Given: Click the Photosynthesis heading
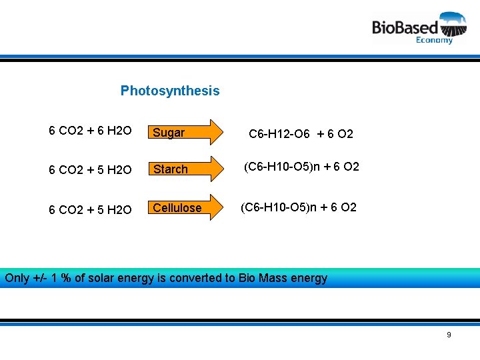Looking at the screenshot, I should (x=169, y=91).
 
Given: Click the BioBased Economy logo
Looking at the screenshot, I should (x=419, y=27).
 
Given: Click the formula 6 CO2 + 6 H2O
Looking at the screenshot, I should (x=90, y=131).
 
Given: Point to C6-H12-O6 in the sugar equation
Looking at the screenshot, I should (x=279, y=134).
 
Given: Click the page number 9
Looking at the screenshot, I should (x=449, y=335).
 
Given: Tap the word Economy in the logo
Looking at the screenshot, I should (x=434, y=40).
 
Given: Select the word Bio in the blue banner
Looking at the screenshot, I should (x=247, y=278).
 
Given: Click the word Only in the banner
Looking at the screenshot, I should (x=17, y=278).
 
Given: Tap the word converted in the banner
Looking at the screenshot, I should (x=196, y=278).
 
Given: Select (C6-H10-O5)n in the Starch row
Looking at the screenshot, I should (x=281, y=167).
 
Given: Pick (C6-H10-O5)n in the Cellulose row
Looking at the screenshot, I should (x=278, y=207).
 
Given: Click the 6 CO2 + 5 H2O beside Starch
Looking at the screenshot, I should (x=90, y=170).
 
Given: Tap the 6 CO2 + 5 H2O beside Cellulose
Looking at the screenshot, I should (x=90, y=210).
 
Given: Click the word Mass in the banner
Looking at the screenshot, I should (x=272, y=278).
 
